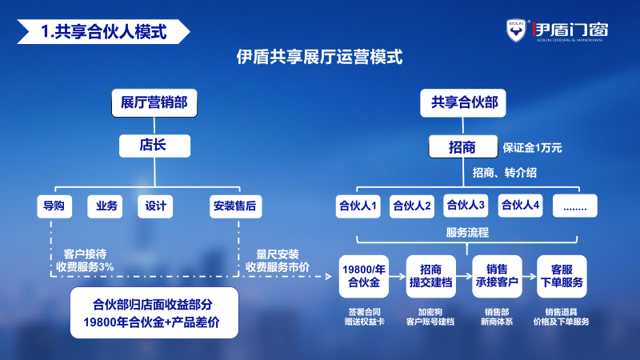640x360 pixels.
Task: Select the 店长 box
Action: (154, 146)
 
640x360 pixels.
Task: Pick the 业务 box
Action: (106, 206)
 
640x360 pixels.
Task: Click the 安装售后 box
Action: (235, 206)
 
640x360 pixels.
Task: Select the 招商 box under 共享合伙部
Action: (462, 147)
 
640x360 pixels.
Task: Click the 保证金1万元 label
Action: (533, 148)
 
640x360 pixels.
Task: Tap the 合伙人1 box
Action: (358, 206)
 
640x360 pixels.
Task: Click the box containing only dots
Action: (574, 206)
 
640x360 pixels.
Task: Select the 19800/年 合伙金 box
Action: (363, 276)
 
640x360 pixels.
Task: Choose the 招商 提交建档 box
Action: (430, 276)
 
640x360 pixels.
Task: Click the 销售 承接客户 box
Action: (496, 276)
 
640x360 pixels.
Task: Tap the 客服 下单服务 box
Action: (562, 276)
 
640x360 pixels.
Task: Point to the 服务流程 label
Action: (467, 233)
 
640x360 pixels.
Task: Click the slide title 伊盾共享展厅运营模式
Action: (320, 57)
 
